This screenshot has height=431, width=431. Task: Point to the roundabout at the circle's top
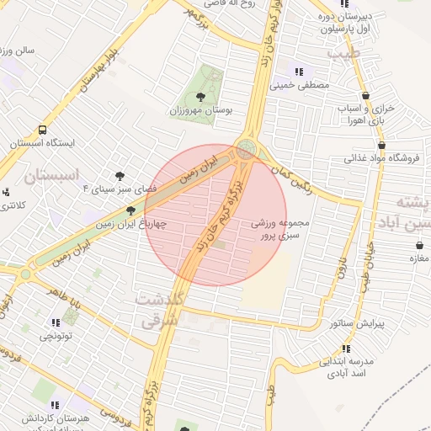pyautogui.click(x=246, y=149)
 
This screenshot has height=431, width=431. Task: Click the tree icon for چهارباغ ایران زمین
pyautogui.click(x=130, y=210)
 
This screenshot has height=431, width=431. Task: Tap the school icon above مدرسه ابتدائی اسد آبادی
pyautogui.click(x=346, y=348)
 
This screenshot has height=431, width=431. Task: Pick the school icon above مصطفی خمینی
pyautogui.click(x=300, y=72)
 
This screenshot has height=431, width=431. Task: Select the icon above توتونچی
pyautogui.click(x=56, y=322)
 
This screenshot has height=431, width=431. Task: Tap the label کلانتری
pyautogui.click(x=12, y=205)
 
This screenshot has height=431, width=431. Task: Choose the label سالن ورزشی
pyautogui.click(x=17, y=51)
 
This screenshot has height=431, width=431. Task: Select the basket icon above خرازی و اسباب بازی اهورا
pyautogui.click(x=365, y=96)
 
